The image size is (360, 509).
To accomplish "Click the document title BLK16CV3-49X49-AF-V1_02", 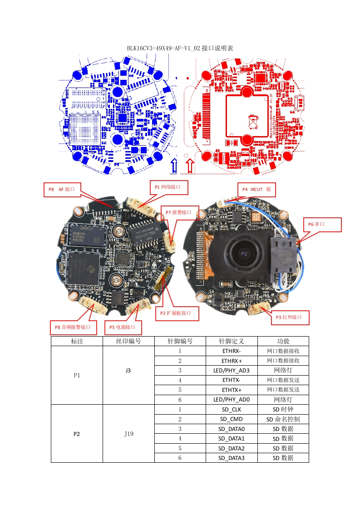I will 180,48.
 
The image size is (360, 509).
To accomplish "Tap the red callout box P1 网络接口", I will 168,187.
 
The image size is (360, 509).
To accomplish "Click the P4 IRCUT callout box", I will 256,189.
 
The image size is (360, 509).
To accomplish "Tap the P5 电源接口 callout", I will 123,327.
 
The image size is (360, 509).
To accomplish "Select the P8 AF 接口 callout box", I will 62,189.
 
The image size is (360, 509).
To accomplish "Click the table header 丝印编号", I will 128,341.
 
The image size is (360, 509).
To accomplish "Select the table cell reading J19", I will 128,433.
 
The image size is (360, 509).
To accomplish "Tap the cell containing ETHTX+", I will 232,390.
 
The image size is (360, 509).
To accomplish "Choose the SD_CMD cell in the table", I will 232,419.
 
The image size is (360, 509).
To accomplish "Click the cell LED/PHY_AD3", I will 232,370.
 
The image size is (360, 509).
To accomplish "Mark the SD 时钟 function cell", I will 283,409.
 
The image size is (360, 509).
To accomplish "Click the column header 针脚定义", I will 232,341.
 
